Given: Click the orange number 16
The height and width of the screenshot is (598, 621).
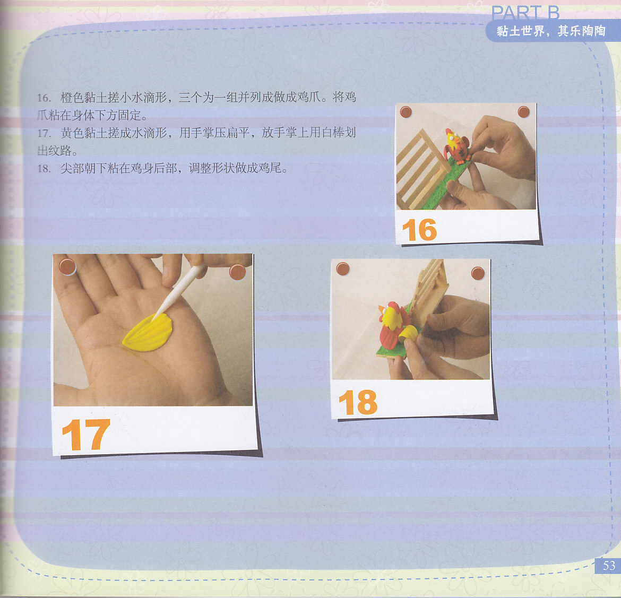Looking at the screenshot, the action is tap(419, 230).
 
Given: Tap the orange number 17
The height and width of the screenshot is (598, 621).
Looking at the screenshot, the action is tap(86, 435).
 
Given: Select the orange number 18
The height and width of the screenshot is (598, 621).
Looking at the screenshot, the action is tap(358, 402).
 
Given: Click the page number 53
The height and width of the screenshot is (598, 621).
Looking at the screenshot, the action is tap(609, 566).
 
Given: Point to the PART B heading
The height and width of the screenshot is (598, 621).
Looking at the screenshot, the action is tap(525, 13).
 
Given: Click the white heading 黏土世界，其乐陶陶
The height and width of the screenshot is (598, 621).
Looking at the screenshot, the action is tap(551, 31).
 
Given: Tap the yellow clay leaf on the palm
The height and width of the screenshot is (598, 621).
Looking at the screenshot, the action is tap(148, 332).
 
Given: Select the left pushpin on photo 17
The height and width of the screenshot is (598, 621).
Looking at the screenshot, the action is tap(67, 266).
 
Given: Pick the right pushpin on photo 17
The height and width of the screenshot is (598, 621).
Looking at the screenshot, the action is tap(238, 272).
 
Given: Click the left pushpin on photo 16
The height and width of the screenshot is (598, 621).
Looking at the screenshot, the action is tap(406, 112).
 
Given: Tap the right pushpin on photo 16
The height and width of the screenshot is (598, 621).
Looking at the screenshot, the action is tap(523, 111).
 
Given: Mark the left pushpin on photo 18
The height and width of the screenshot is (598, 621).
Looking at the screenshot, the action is tap(342, 269).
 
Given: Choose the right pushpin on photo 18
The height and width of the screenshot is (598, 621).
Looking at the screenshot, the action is tap(478, 273).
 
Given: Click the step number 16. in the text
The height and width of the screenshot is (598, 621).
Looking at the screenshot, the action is tap(44, 98).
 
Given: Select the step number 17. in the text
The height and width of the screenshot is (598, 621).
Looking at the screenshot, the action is tap(44, 133).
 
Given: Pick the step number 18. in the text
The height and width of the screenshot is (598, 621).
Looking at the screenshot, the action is tap(44, 169).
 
